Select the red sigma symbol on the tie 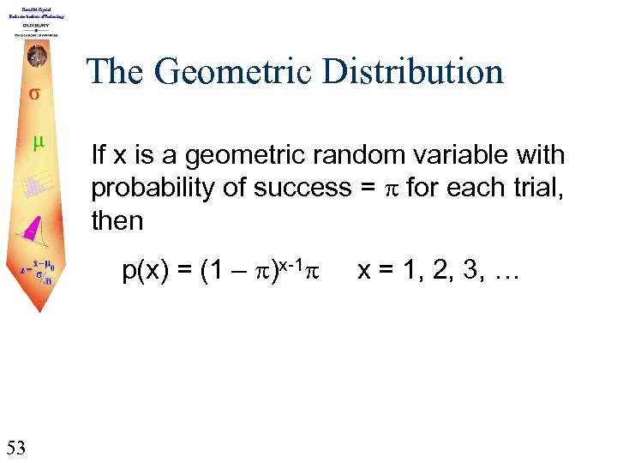coord(33,93)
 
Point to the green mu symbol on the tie coord(35,142)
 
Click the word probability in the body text coord(142,188)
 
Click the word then coord(117,220)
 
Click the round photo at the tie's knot coord(33,55)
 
